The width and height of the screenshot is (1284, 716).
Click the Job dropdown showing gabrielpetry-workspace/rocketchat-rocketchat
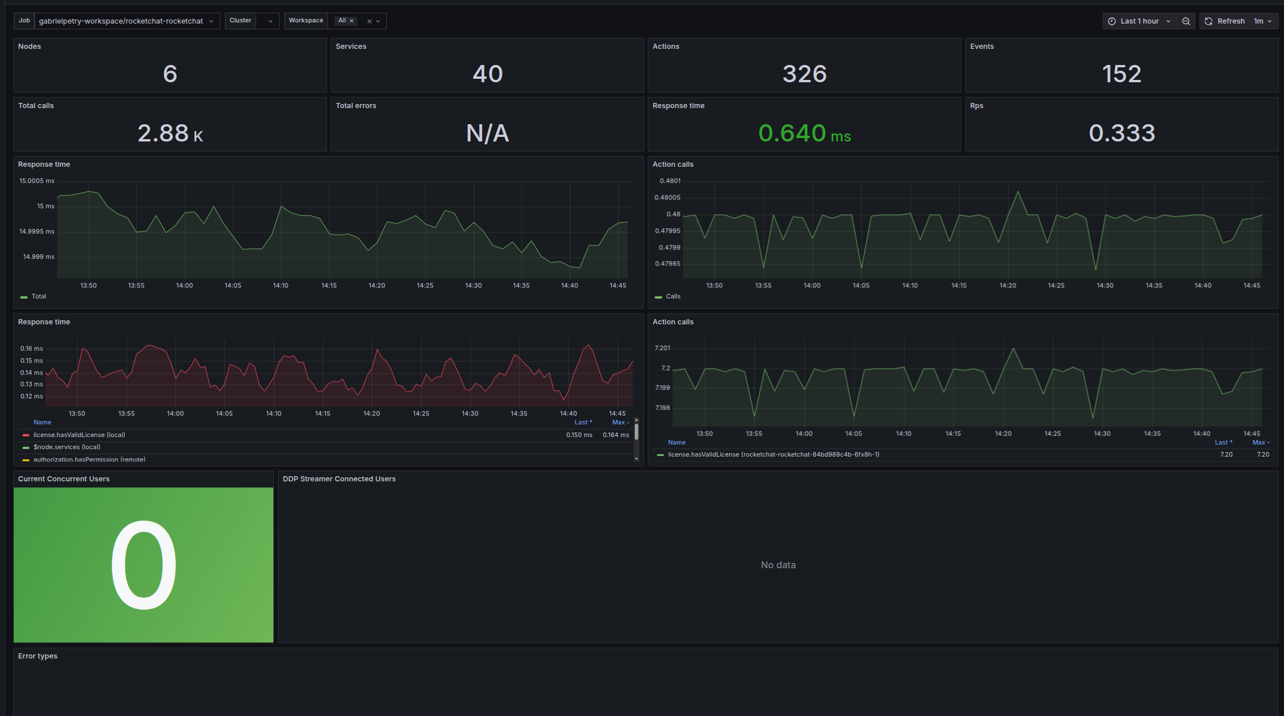coord(127,21)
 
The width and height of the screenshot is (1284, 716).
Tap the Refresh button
coord(1225,21)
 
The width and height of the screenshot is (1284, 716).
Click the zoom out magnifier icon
coord(1186,21)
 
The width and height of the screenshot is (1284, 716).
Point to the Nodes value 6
coord(170,74)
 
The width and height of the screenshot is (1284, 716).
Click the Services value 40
coord(487,74)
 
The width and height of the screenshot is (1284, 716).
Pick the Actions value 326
coord(805,74)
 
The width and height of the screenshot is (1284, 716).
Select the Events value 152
coord(1122,74)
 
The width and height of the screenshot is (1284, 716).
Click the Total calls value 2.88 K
coord(170,133)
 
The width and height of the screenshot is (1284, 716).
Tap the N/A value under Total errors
coord(487,133)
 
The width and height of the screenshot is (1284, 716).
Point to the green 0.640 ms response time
coord(805,133)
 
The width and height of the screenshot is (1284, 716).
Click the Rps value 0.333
coord(1122,133)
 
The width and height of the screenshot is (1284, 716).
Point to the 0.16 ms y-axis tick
coord(32,349)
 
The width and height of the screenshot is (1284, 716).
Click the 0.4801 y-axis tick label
coord(670,181)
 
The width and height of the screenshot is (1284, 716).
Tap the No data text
coord(778,565)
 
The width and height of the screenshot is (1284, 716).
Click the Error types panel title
coord(37,656)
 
